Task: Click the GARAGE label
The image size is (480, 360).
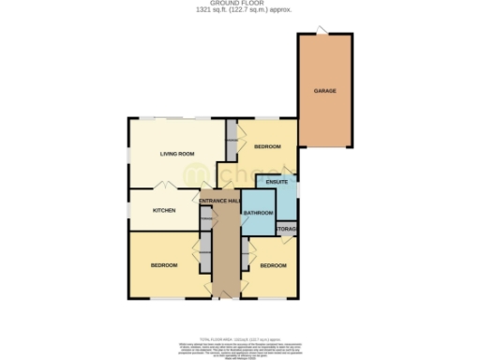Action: click(325, 91)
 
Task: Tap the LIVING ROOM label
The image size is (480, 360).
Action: click(176, 153)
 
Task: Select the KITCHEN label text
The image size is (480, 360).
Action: click(164, 210)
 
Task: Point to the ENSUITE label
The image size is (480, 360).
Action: click(277, 181)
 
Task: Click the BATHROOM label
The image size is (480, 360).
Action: click(258, 214)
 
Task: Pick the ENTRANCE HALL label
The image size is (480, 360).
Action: click(220, 201)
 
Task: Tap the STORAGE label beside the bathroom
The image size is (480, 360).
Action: click(287, 228)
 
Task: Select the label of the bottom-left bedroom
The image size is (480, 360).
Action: click(164, 266)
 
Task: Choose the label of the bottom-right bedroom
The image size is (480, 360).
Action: click(273, 266)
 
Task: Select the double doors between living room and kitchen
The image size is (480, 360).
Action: click(163, 187)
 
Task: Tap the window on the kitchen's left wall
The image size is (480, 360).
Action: click(129, 211)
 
